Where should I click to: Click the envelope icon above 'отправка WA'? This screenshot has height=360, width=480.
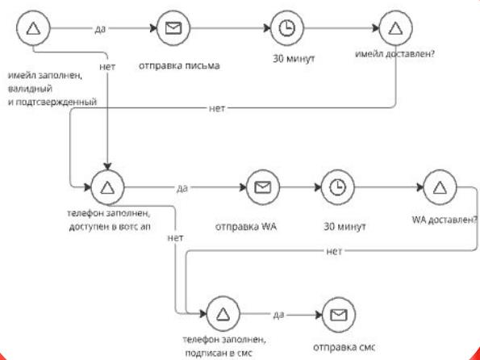point(261,186)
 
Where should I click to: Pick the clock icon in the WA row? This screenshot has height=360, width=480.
point(339,186)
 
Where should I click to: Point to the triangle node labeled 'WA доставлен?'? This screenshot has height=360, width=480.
point(439,186)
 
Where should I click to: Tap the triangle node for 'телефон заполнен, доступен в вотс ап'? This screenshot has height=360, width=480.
point(109,186)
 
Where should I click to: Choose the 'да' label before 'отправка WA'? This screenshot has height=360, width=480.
point(182,187)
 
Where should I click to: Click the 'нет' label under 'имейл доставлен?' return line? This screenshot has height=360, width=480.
point(217,107)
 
